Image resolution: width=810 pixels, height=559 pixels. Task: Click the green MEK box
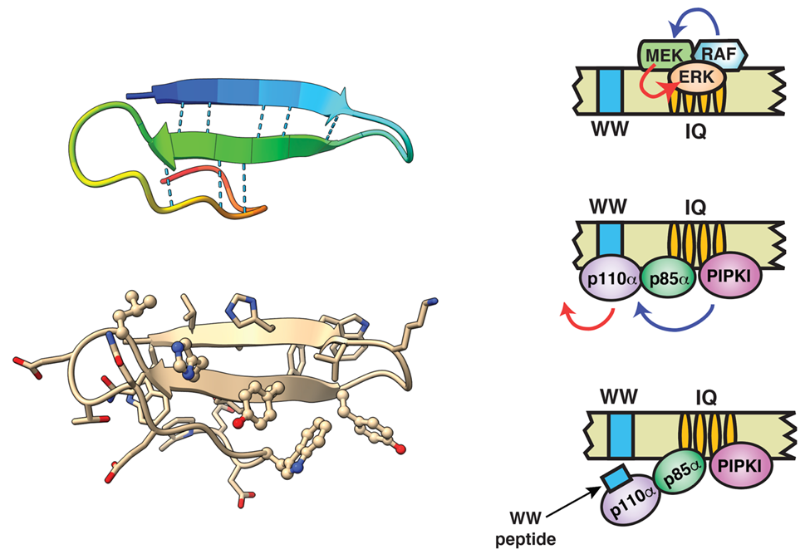coord(656,56)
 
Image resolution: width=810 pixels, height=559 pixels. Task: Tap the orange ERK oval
coord(696,77)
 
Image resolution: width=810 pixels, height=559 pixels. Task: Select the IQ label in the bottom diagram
coord(696,395)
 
